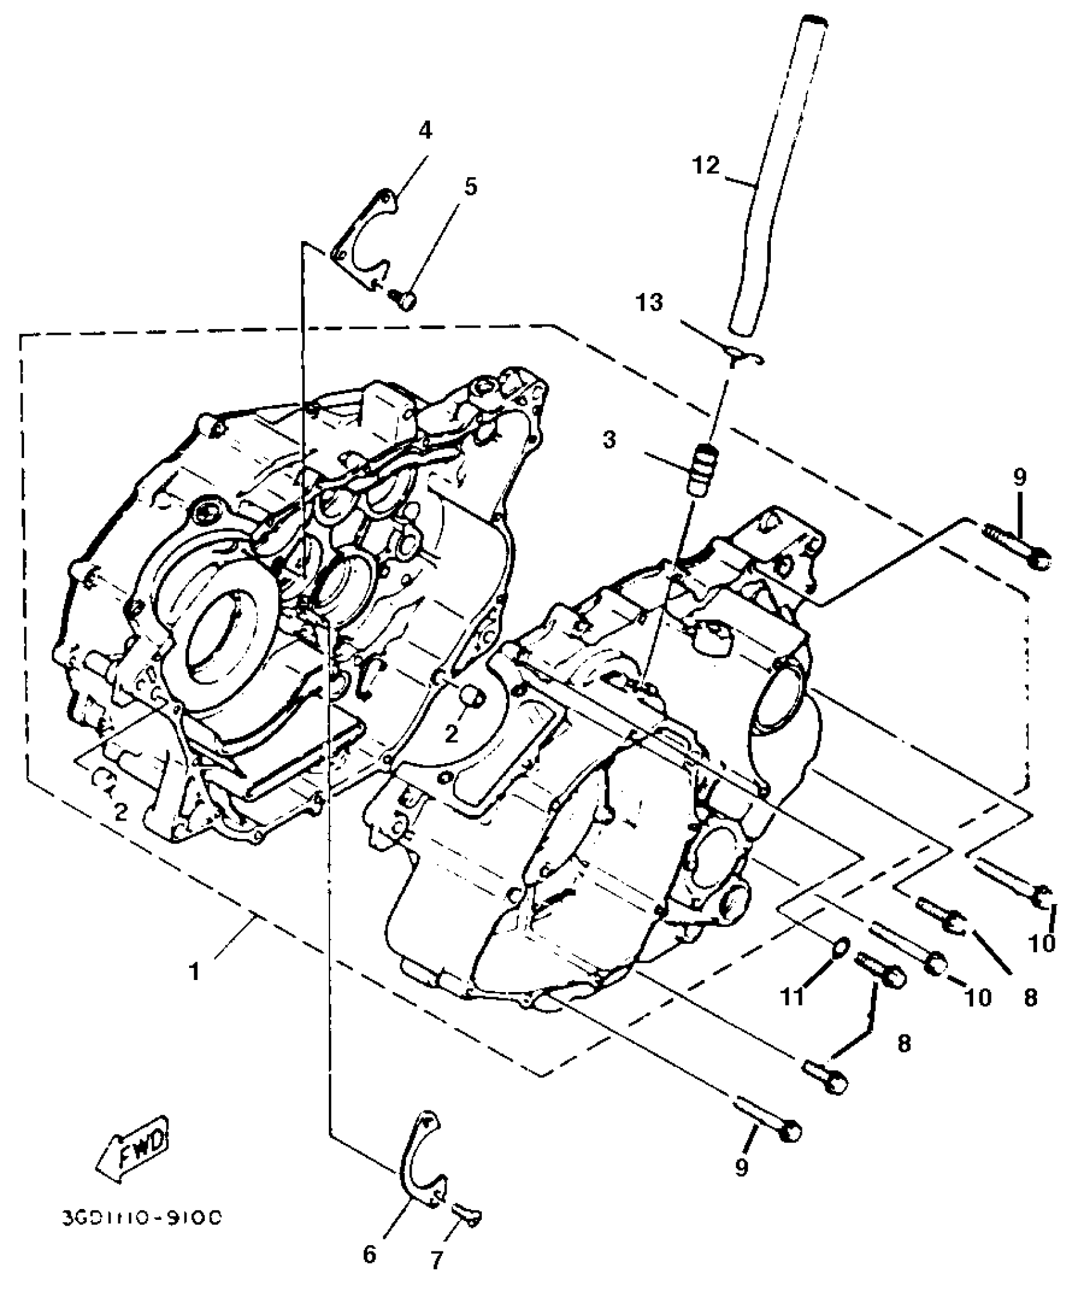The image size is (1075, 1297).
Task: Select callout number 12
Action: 705,166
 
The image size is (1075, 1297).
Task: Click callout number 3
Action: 609,440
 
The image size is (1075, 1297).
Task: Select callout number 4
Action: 425,131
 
